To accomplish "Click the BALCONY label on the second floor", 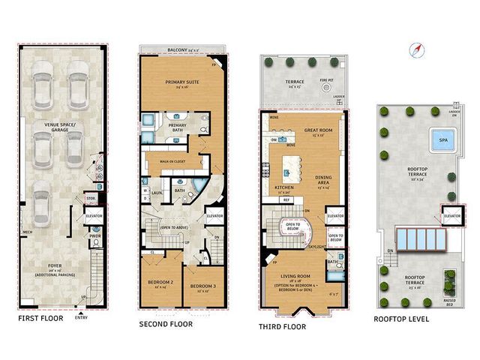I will pos(182,49).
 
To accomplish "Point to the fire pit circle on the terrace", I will pos(325,87).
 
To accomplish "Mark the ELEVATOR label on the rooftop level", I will pos(452,216).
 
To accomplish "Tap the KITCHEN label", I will pos(283,187).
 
